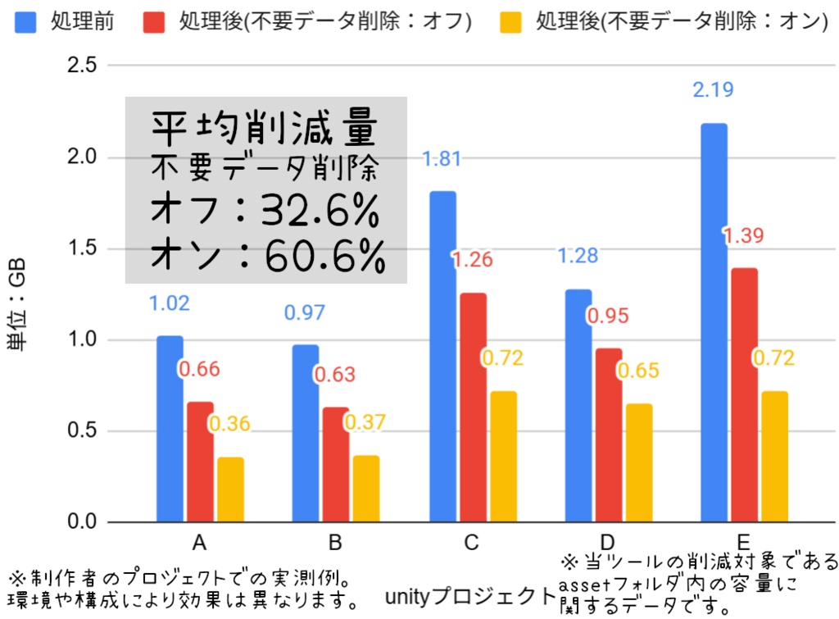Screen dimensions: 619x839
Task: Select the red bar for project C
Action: pos(472,407)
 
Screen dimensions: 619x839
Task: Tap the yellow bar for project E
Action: pos(774,457)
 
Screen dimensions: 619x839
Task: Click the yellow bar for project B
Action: pos(366,489)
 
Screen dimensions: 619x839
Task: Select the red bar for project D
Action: pos(608,435)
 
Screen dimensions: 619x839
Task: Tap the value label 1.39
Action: pos(742,236)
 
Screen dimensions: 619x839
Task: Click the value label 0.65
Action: pos(637,371)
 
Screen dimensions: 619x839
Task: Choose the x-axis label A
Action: pos(199,543)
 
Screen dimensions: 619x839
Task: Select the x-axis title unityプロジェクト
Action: pos(469,594)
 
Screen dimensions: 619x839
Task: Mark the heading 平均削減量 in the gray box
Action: pos(265,129)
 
